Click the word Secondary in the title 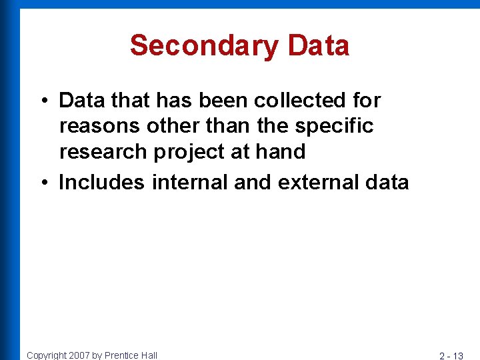[x=204, y=46]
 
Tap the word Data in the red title [x=319, y=46]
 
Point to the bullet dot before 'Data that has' [x=42, y=101]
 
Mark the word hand [x=281, y=151]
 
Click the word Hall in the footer [x=149, y=355]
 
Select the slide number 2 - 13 [x=451, y=355]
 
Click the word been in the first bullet [x=219, y=101]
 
